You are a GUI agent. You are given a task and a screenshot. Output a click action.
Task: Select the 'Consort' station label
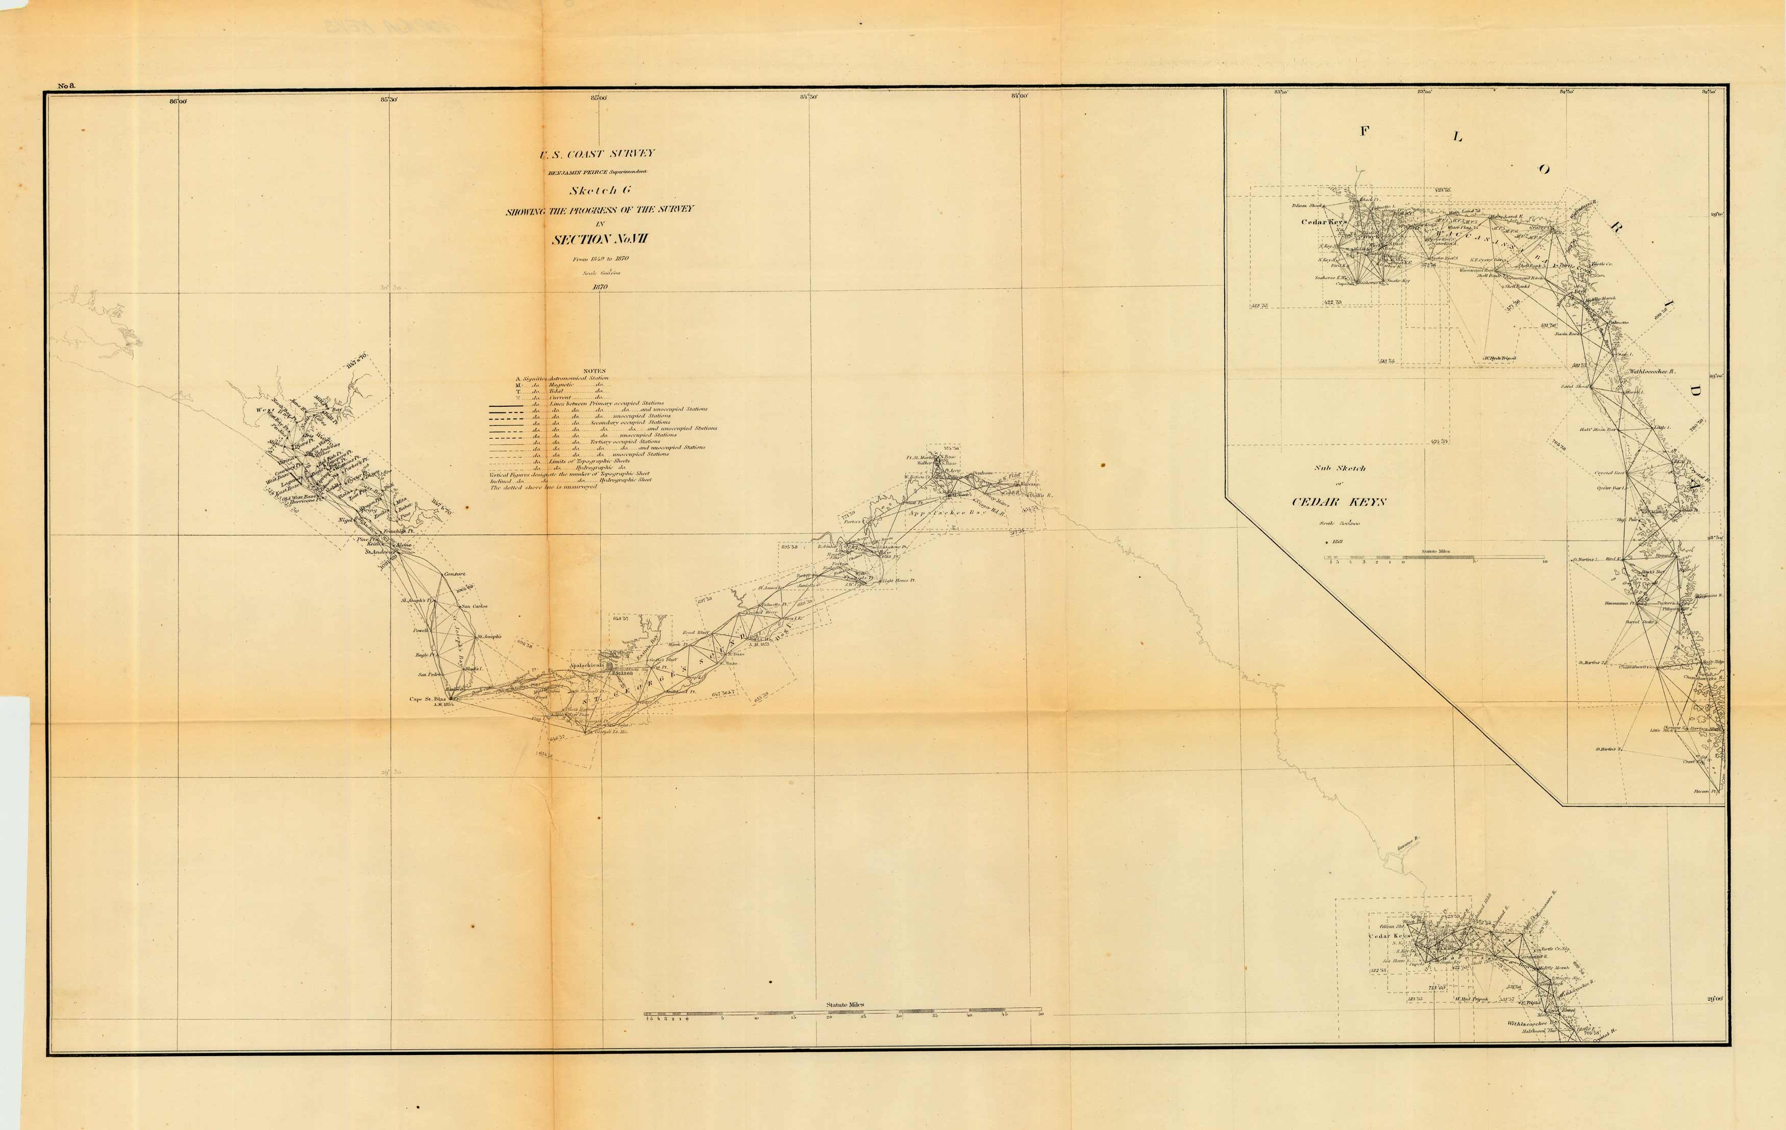point(454,574)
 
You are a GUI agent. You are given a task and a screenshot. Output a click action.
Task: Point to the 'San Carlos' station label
point(475,606)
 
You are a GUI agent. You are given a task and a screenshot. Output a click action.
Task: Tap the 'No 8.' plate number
point(67,87)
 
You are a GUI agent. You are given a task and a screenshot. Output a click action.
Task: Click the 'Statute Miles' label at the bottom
point(845,1004)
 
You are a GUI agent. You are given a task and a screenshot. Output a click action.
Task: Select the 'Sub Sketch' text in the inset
point(1340,468)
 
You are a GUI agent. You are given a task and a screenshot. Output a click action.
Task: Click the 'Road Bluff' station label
point(696,633)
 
